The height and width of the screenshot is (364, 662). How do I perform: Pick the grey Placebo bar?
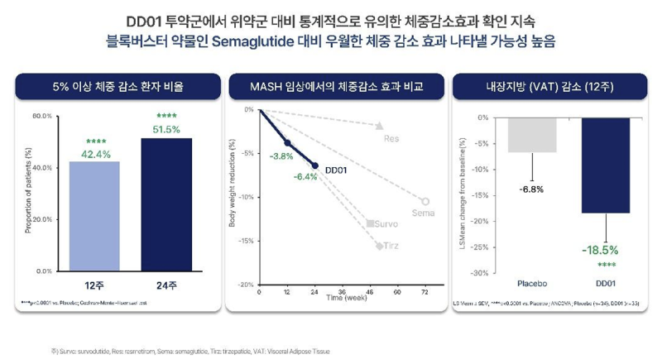[531, 135]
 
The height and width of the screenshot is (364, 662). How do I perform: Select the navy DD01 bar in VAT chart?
[605, 165]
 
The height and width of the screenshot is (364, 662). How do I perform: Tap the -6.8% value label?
[531, 189]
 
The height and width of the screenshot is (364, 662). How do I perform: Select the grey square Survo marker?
[369, 223]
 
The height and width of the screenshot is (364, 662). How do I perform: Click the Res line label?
[391, 138]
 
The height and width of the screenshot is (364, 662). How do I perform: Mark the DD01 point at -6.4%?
[315, 165]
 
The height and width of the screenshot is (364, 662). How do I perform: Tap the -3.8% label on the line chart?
[281, 155]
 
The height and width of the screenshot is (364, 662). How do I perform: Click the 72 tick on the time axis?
[425, 293]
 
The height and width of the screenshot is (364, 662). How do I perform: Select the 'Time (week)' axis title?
[343, 303]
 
